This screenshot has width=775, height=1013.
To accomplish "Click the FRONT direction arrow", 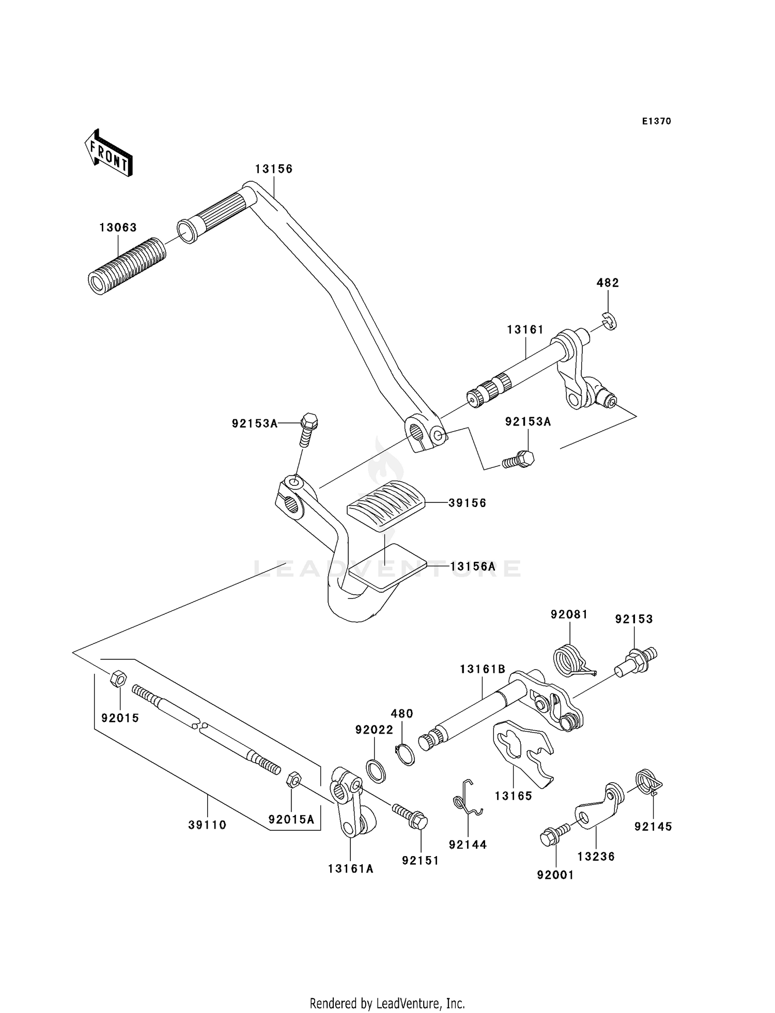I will (x=109, y=153).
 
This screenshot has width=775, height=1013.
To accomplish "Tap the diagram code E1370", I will (x=656, y=121).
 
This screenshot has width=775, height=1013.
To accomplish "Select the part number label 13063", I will (x=118, y=228).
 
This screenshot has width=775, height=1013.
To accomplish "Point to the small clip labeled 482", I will (x=610, y=322).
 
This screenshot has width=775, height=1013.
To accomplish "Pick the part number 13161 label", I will (x=525, y=329).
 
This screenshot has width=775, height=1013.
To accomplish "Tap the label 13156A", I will (x=472, y=566).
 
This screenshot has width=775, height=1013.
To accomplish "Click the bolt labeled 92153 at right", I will (x=638, y=661).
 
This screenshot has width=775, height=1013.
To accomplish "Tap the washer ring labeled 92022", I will (x=376, y=771).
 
